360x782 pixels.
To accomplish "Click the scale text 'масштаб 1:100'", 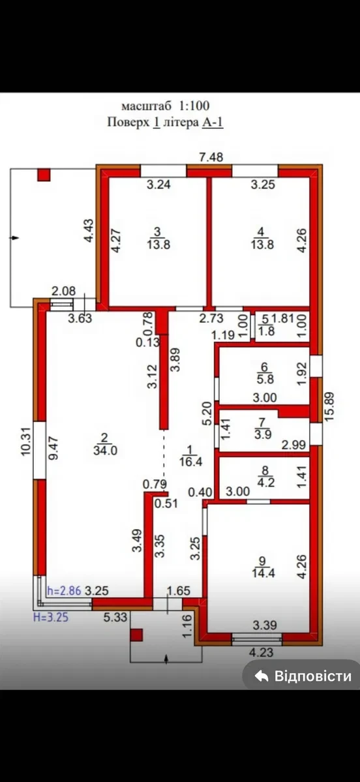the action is pos(165,106).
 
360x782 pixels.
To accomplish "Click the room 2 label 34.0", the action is pos(104,444).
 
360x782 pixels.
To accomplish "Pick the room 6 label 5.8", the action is pos(265,373).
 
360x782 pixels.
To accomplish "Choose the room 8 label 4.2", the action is pos(265,476).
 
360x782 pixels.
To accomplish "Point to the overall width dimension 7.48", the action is pos(211,158).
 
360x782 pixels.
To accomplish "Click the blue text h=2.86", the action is pos(63,592).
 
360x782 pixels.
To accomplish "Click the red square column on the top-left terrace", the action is pos(44,175).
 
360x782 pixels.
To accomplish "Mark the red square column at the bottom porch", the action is pos(136,635).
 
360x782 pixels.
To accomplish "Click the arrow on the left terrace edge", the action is pos(15,238).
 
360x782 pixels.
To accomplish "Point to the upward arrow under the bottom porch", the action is pos(166,659).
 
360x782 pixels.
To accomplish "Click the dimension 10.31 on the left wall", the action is pos(27,442).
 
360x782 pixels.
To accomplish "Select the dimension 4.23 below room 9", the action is pos(260,652).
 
